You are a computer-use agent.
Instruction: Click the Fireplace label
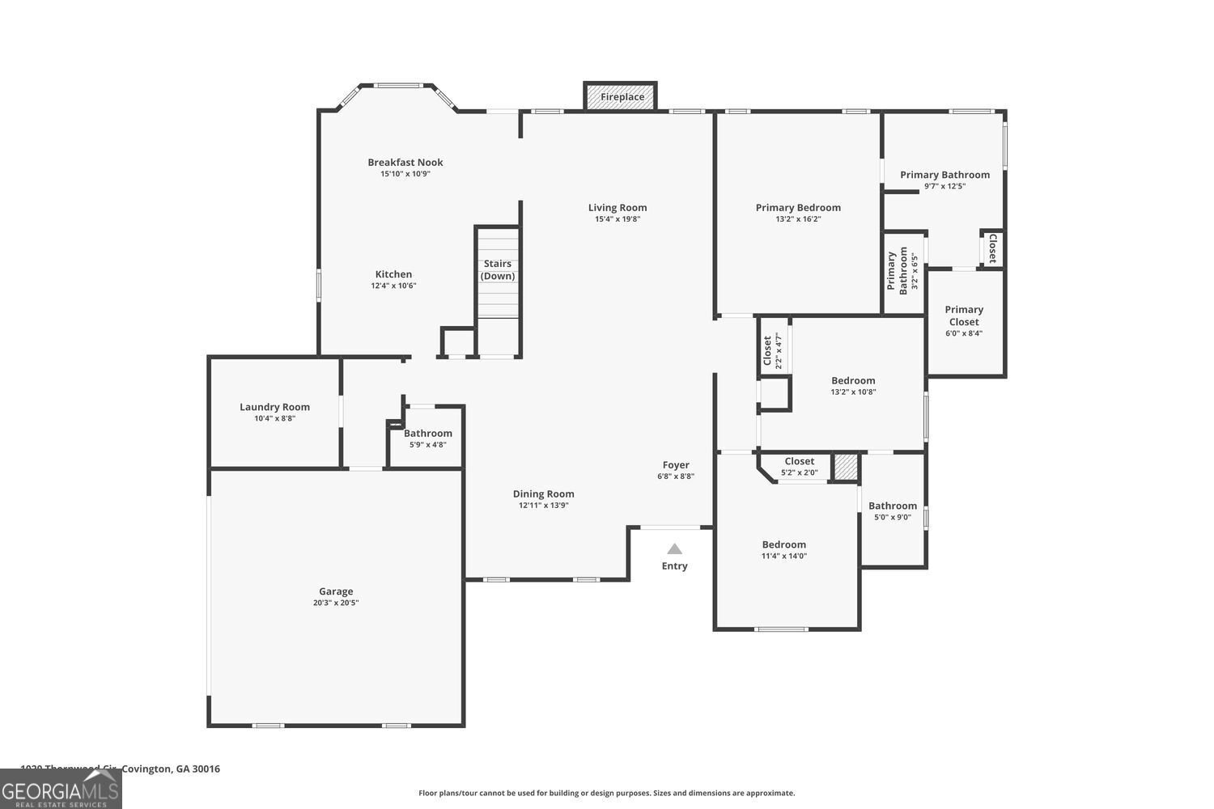pyautogui.click(x=622, y=97)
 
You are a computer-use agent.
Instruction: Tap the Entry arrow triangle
pyautogui.click(x=674, y=549)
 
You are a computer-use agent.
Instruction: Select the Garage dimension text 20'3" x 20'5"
pyautogui.click(x=336, y=603)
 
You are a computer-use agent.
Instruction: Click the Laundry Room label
pyautogui.click(x=274, y=407)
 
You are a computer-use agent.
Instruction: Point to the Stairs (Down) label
pyautogui.click(x=498, y=269)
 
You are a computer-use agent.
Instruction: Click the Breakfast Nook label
pyautogui.click(x=405, y=162)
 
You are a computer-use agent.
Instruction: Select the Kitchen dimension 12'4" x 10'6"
pyautogui.click(x=393, y=286)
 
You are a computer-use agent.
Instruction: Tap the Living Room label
pyautogui.click(x=618, y=207)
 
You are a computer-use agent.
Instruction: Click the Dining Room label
pyautogui.click(x=544, y=493)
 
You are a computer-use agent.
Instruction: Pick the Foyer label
pyautogui.click(x=676, y=464)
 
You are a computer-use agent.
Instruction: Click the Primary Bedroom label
pyautogui.click(x=798, y=207)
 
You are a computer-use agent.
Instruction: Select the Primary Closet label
pyautogui.click(x=964, y=316)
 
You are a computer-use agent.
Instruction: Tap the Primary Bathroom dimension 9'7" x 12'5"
pyautogui.click(x=944, y=186)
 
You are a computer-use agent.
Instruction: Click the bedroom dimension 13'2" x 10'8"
pyautogui.click(x=853, y=392)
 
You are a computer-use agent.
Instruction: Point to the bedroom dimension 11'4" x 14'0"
pyautogui.click(x=783, y=556)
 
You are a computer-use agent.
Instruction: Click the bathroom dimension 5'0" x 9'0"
pyautogui.click(x=893, y=517)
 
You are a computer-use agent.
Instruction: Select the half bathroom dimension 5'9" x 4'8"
pyautogui.click(x=428, y=444)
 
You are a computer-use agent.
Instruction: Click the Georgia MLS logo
pyautogui.click(x=61, y=789)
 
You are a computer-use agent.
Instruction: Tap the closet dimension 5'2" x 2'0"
pyautogui.click(x=799, y=472)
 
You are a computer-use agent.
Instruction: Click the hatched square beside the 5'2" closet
pyautogui.click(x=845, y=467)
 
